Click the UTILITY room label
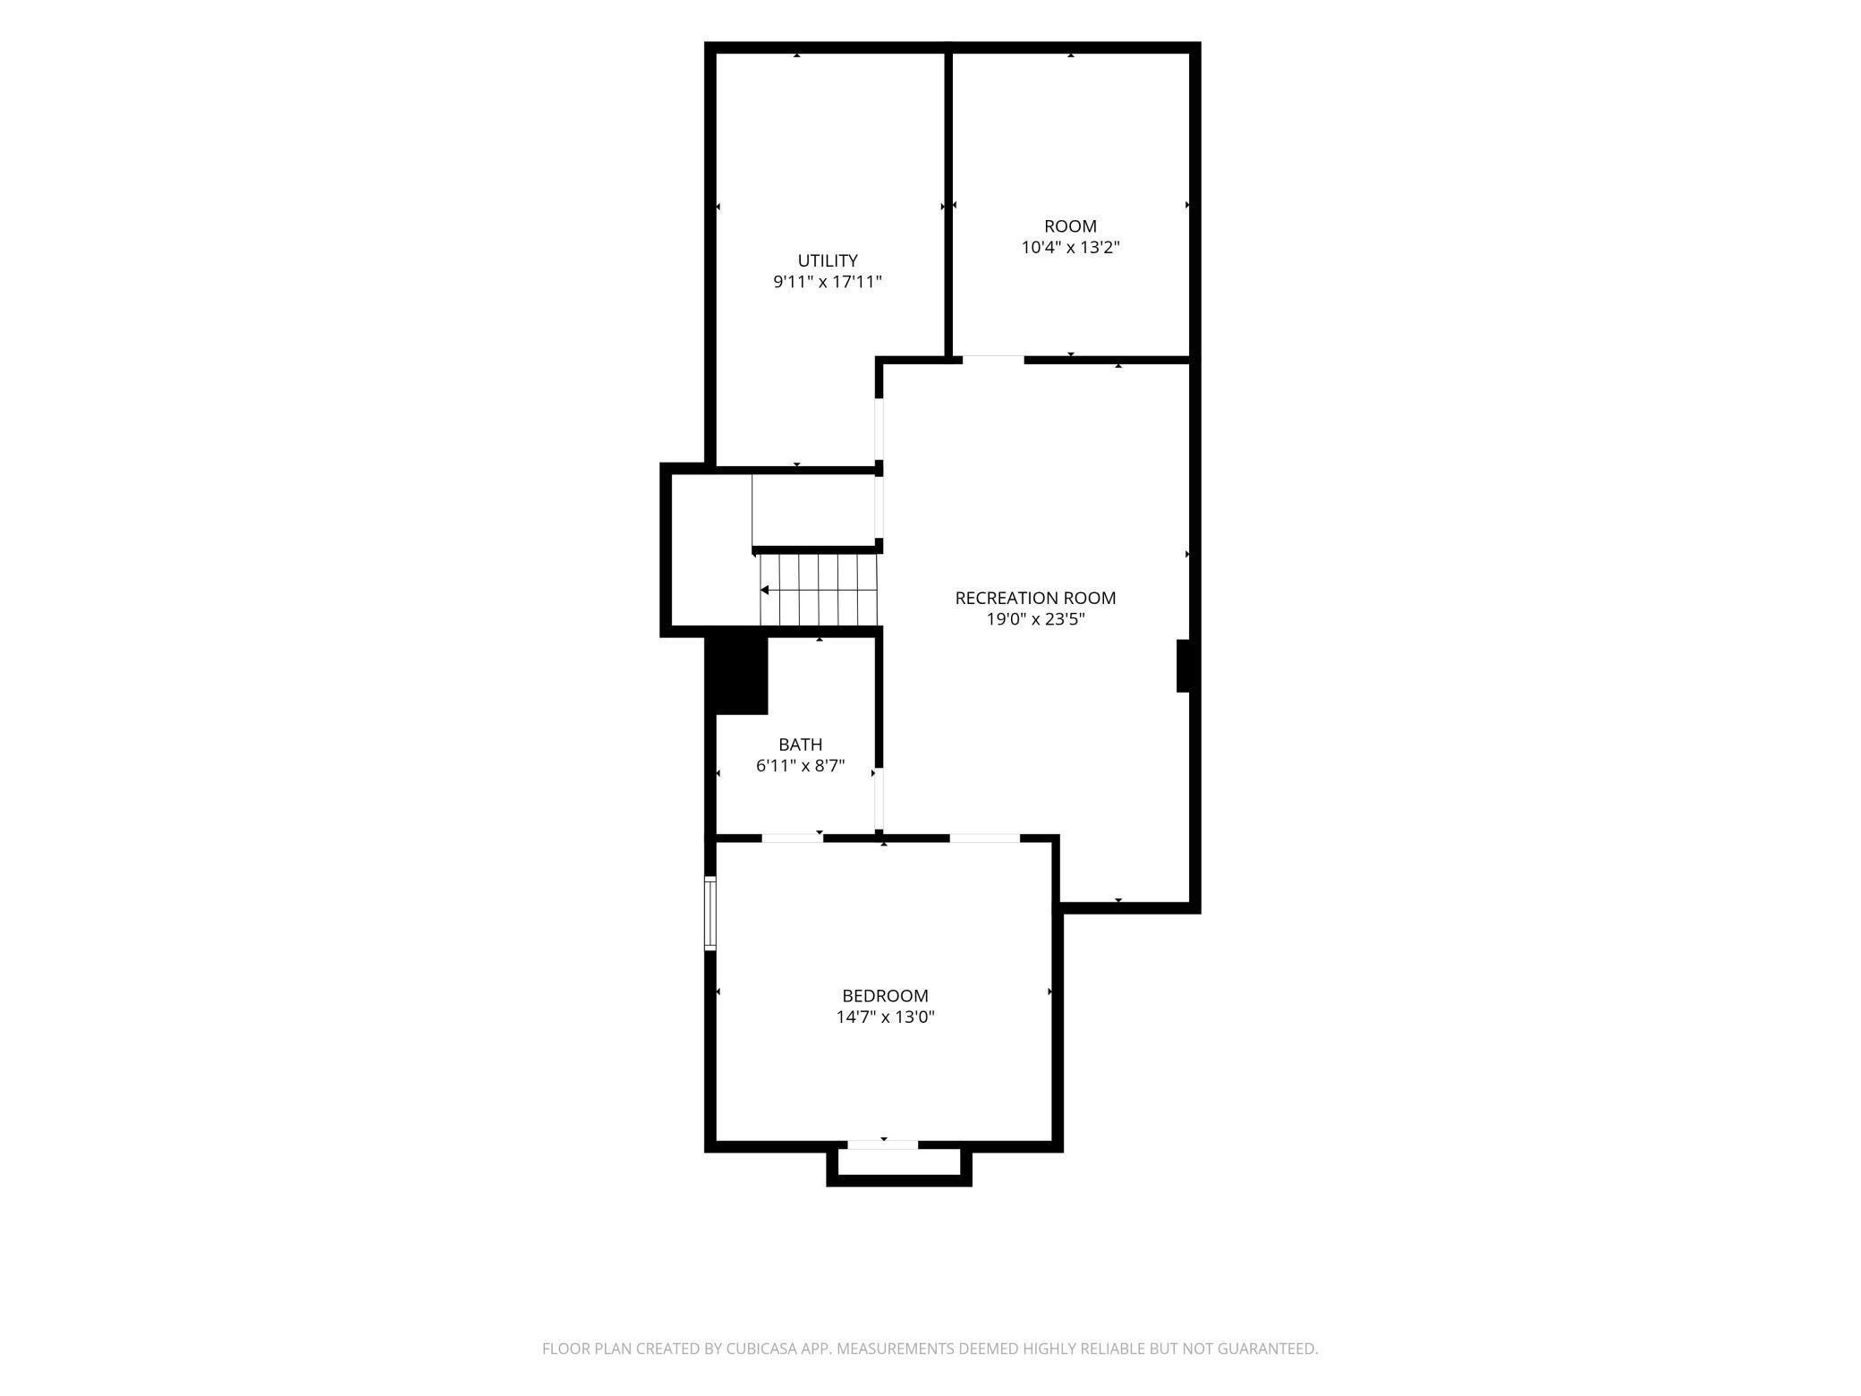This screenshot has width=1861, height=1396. click(x=828, y=260)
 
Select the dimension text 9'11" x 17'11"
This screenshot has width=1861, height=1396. click(x=828, y=282)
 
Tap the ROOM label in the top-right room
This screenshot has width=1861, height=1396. click(x=1070, y=226)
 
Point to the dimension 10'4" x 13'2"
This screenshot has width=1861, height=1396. click(x=1070, y=247)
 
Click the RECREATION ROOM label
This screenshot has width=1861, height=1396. click(x=1035, y=598)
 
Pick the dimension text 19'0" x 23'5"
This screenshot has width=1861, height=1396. click(x=1035, y=618)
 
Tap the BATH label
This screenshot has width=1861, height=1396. click(x=800, y=745)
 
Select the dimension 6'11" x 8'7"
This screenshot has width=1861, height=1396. click(x=800, y=766)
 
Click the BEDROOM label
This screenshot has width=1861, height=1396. click(x=885, y=995)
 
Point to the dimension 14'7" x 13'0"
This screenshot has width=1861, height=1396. click(x=885, y=1017)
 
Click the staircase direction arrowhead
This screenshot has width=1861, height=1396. click(x=764, y=591)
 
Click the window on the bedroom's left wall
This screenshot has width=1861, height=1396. click(x=710, y=913)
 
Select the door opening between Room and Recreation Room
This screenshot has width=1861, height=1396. click(x=993, y=360)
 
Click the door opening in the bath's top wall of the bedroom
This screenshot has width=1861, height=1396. click(x=792, y=838)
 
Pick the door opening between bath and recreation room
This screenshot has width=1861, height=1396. click(x=879, y=798)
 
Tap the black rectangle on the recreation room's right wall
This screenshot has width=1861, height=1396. click(x=1183, y=666)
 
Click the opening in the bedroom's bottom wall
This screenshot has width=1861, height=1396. click(x=883, y=1145)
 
